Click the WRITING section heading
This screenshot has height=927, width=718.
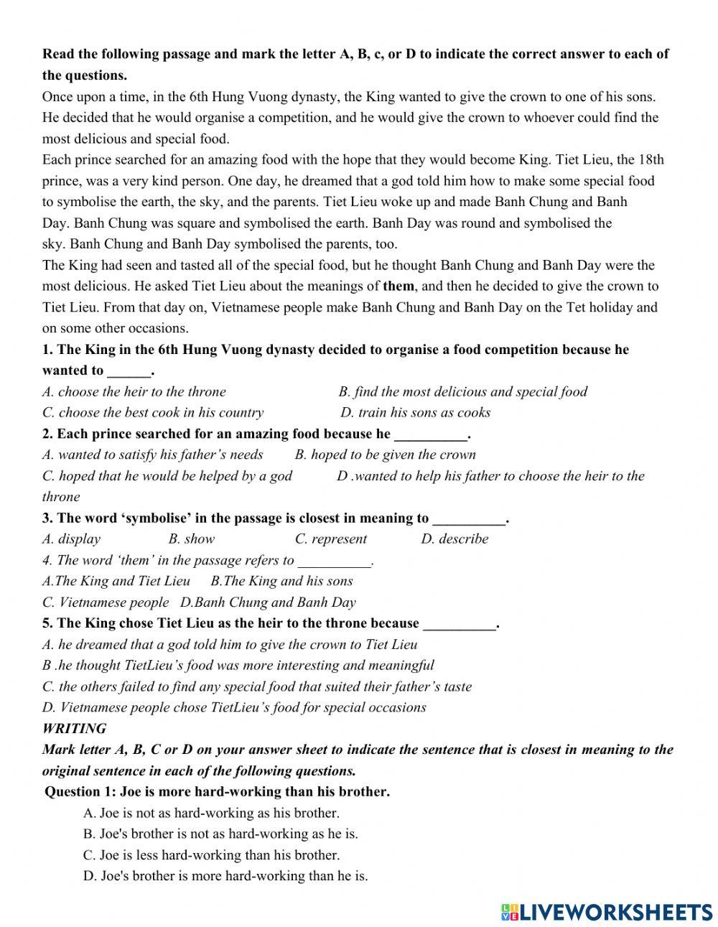pyautogui.click(x=74, y=728)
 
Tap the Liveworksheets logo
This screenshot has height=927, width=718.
pyautogui.click(x=607, y=912)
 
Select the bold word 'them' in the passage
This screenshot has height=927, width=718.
pyautogui.click(x=398, y=286)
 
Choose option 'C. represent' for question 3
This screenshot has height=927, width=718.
pyautogui.click(x=330, y=539)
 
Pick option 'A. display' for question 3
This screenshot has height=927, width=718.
pyautogui.click(x=71, y=539)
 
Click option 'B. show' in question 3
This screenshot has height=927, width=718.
pyautogui.click(x=191, y=539)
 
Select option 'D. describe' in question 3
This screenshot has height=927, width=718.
pyautogui.click(x=454, y=539)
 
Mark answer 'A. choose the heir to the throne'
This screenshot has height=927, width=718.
pyautogui.click(x=134, y=391)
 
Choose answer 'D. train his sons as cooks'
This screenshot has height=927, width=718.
pyautogui.click(x=415, y=412)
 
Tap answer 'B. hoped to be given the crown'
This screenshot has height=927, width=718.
pyautogui.click(x=385, y=455)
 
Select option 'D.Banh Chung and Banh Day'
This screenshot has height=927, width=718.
pyautogui.click(x=268, y=602)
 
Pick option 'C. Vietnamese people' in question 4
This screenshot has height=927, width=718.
pyautogui.click(x=106, y=602)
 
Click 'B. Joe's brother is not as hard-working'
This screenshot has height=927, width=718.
pyautogui.click(x=220, y=834)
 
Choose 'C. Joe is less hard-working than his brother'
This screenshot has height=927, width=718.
pyautogui.click(x=211, y=854)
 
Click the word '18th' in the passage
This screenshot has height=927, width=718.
pyautogui.click(x=651, y=159)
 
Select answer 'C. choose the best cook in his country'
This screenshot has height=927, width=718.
pyautogui.click(x=152, y=412)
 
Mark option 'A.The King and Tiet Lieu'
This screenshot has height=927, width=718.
pyautogui.click(x=116, y=581)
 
